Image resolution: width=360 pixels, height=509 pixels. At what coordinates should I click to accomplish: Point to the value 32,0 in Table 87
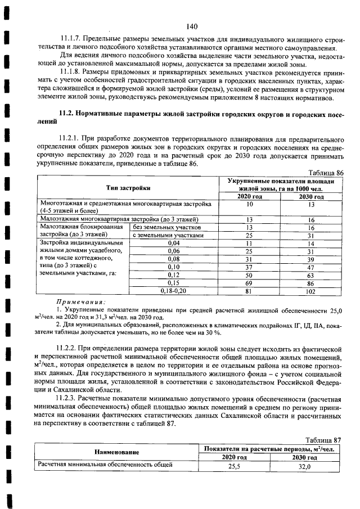point(304,466)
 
